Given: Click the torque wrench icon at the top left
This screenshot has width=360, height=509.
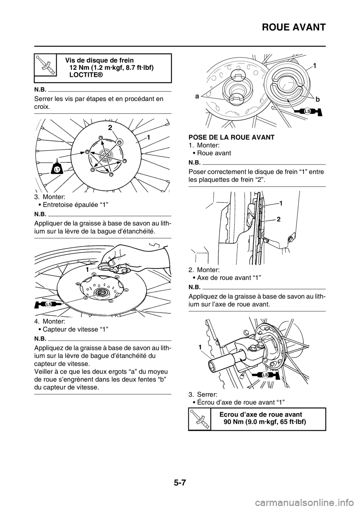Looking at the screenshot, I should click(45, 64).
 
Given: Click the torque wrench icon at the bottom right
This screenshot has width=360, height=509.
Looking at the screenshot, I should click(199, 419).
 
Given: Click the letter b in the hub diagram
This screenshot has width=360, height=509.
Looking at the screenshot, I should click(318, 99).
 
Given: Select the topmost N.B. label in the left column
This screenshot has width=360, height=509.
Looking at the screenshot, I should click(40, 89).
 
